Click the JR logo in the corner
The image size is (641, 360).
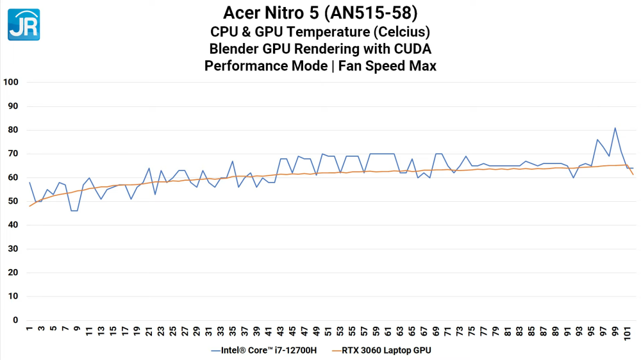point(24,24)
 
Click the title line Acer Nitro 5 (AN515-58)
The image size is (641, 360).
point(320,13)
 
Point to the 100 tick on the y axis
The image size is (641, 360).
point(11,82)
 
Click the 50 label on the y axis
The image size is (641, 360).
point(13,201)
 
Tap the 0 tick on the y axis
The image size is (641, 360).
point(16,320)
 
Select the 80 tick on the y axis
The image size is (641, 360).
point(13,130)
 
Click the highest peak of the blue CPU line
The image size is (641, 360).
point(615,127)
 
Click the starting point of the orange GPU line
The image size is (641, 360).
point(29,206)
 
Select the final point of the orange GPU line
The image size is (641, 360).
point(633,175)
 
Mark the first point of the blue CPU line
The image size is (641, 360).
point(29,183)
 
